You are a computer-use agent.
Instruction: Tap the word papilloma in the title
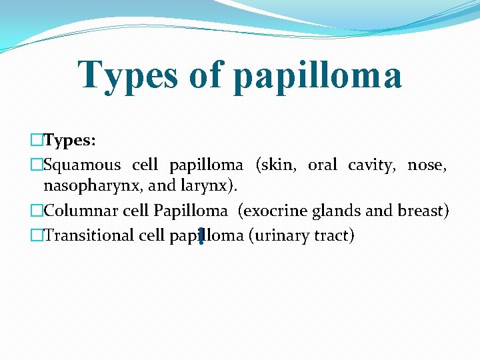pos(317,76)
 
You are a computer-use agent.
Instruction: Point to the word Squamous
pos(82,165)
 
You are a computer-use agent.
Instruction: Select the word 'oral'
pos(322,165)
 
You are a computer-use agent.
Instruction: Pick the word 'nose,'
pos(427,165)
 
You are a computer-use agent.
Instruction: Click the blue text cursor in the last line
pos(201,235)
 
